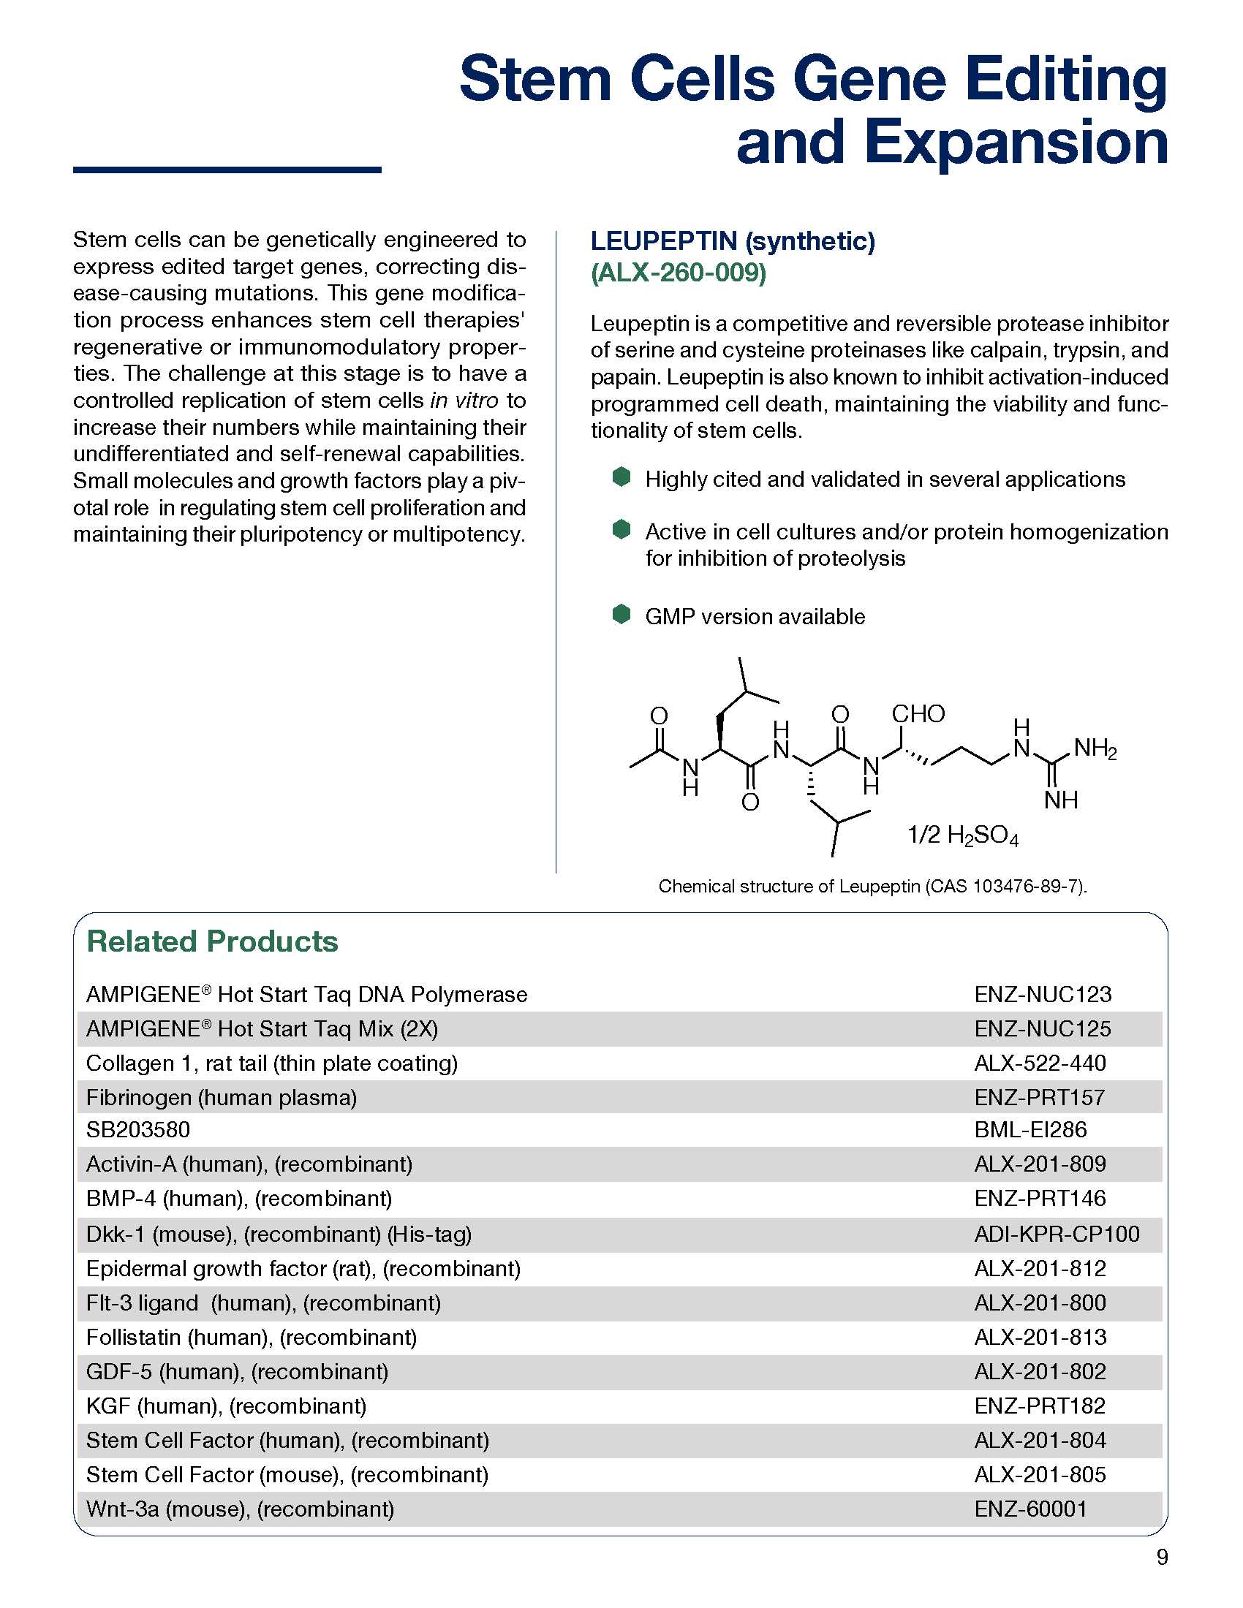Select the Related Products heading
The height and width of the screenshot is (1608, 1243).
212,941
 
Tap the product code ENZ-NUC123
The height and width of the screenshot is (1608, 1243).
1042,995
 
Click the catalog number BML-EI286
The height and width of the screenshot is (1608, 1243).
1030,1129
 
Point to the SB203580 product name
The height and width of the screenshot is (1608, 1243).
137,1129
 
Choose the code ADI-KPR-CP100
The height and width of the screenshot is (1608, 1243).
1056,1234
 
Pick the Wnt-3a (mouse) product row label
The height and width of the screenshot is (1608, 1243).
240,1509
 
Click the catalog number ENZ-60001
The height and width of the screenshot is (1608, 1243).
1030,1509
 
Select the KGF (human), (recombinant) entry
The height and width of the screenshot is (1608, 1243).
226,1406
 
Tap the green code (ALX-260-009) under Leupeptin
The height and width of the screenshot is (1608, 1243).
679,273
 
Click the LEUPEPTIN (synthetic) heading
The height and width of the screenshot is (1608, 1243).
733,240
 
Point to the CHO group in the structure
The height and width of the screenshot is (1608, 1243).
918,713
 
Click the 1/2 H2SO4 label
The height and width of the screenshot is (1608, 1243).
962,835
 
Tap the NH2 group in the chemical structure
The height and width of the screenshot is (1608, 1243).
1095,748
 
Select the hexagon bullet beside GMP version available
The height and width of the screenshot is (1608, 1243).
621,614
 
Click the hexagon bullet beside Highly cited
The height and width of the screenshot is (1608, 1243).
621,477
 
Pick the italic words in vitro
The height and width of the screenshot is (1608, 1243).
464,401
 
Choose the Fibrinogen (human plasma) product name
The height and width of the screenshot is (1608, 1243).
221,1098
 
